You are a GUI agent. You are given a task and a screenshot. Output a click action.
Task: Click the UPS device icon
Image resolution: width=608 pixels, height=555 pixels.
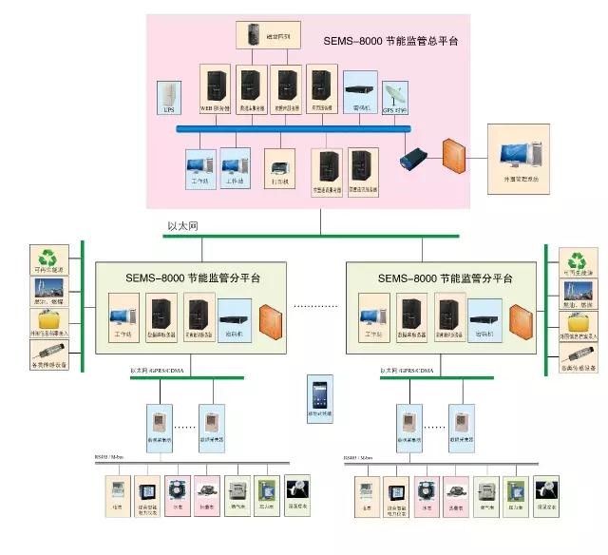point(170,95)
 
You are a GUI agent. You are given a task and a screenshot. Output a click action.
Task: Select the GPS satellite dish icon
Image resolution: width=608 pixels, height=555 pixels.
point(393,95)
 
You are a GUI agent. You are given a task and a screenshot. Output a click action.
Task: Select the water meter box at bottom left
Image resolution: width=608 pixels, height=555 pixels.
point(178,488)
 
